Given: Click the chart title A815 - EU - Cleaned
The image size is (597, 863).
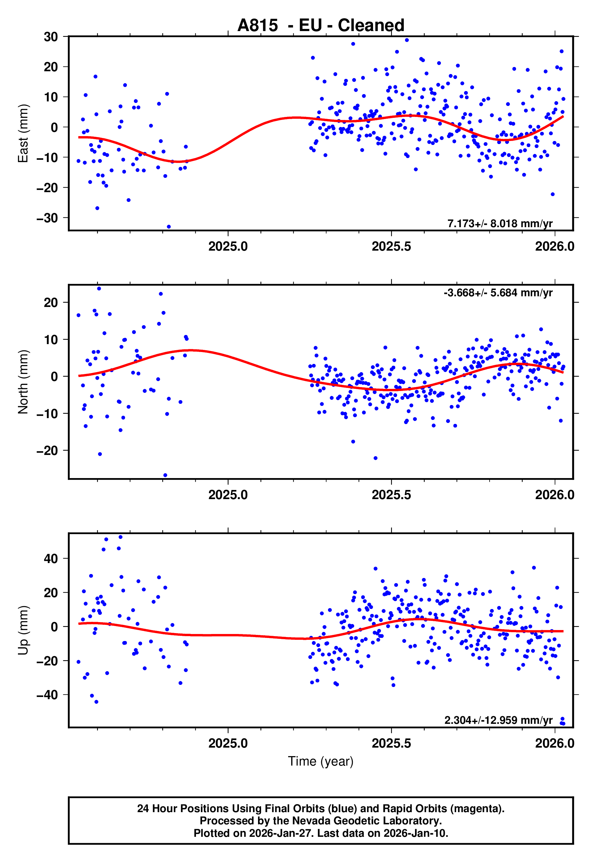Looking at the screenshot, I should (x=321, y=26).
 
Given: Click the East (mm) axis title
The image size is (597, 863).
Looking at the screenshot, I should (x=23, y=133).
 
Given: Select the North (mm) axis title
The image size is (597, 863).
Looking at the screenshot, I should (x=23, y=382).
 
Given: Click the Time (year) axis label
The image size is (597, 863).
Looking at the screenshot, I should (x=321, y=761).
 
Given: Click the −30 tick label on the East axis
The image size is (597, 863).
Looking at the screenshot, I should (x=47, y=218).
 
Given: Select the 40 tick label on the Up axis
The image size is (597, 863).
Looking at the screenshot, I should (x=51, y=558).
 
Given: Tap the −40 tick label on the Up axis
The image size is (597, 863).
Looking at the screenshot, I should (x=47, y=695).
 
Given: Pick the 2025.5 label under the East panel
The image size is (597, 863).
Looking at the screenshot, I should (x=391, y=246).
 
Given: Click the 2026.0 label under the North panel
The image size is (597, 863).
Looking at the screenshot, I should (x=554, y=495).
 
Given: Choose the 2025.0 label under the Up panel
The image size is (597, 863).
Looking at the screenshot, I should (x=228, y=743).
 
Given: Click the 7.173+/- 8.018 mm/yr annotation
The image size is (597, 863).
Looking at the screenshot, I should (x=500, y=224).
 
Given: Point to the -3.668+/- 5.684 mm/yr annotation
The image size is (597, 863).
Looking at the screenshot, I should (x=498, y=293).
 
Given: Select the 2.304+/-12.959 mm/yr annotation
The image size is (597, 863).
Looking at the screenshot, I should (x=498, y=720).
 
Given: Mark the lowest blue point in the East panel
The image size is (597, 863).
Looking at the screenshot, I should (x=169, y=227).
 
